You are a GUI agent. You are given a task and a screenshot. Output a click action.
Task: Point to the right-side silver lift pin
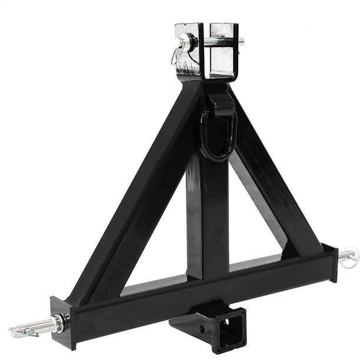tap(348, 255)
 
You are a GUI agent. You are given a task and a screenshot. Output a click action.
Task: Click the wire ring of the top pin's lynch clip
tap(178, 55)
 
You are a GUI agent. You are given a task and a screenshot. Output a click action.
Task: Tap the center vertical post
tap(207, 218)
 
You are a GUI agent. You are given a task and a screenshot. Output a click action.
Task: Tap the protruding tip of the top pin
tap(241, 41)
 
